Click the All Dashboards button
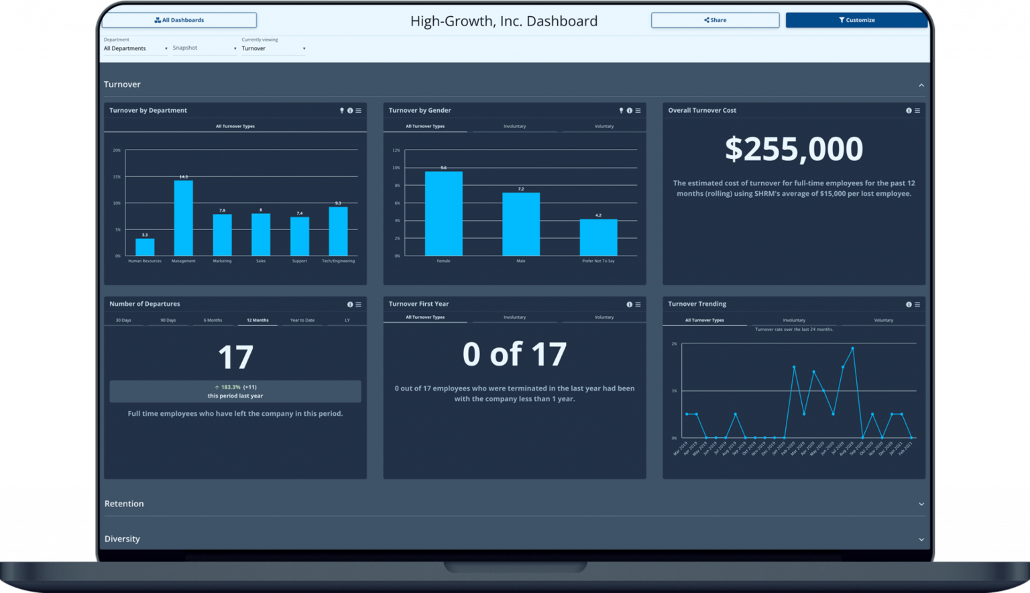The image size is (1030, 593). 179,20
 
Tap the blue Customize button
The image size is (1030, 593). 856,20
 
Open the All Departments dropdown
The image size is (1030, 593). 135,48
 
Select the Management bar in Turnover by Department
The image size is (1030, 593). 183,218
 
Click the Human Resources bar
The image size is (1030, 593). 145,247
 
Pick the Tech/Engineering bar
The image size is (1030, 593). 338,231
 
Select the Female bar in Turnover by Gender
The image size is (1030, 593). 443,213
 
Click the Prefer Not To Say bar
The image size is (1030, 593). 598,237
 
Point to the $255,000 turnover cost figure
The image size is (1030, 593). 794,149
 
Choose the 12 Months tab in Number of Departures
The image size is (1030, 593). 257,320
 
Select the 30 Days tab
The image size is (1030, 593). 123,320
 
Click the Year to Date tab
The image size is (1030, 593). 302,320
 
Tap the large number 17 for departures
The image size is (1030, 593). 235,358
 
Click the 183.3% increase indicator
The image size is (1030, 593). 235,387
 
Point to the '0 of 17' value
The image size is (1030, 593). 514,354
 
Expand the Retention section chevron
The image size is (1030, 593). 921,504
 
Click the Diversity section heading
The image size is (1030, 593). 122,539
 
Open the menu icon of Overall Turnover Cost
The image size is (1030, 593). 917,111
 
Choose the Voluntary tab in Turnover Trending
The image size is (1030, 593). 883,320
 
